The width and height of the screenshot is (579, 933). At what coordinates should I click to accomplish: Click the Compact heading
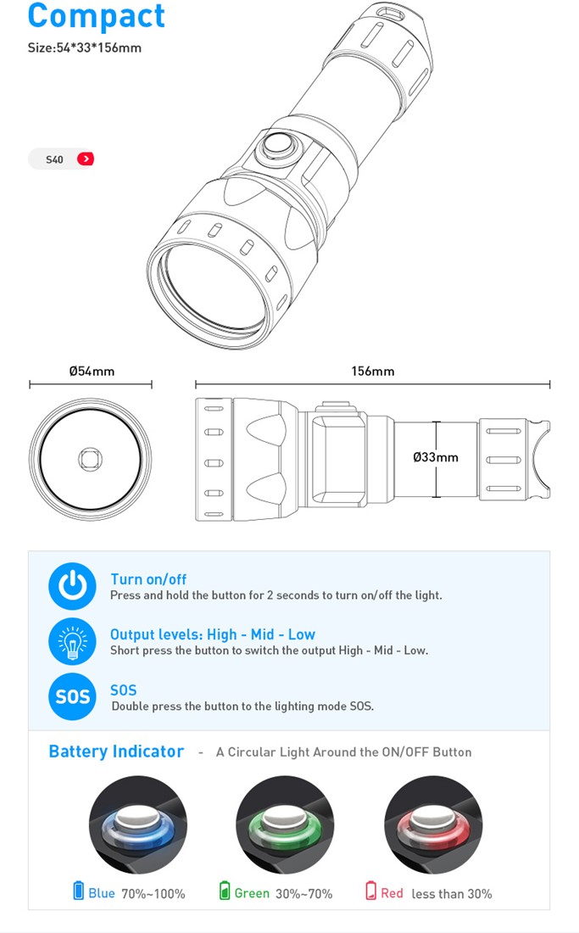(97, 16)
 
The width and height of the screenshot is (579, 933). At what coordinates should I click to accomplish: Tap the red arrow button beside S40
(86, 159)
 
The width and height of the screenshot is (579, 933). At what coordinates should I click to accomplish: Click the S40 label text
(54, 159)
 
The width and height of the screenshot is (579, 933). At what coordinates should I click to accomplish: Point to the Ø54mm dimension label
(92, 372)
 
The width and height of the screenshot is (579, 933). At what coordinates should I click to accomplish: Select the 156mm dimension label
(373, 372)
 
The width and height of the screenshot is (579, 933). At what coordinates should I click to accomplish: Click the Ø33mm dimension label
(436, 457)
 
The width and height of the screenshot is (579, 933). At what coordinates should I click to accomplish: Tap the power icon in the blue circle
(72, 586)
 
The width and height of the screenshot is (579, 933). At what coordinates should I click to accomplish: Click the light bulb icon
(72, 641)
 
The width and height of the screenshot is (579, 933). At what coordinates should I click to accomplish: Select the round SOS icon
(72, 696)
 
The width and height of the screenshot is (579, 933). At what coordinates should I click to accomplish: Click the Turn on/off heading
(148, 579)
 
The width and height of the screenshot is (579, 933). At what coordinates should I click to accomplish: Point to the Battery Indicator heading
(116, 751)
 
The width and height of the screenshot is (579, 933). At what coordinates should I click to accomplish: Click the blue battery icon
(79, 891)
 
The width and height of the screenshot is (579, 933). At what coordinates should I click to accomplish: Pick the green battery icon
(225, 891)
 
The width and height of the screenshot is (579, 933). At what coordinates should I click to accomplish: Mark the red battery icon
(371, 891)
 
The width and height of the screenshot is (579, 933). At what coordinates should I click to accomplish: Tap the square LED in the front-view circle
(91, 458)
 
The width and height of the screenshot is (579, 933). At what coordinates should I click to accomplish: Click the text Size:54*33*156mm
(85, 48)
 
